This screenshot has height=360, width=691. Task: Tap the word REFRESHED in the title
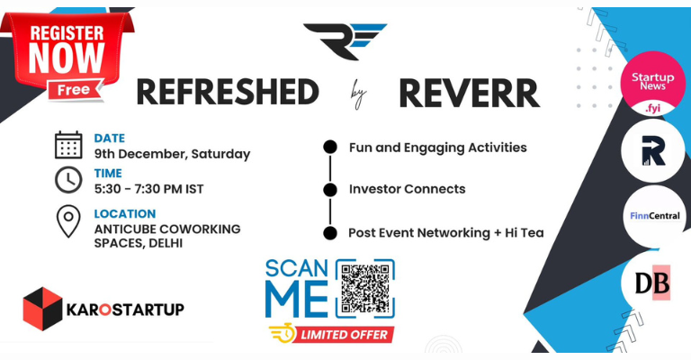[228, 92]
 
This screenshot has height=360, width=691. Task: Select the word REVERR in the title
[468, 92]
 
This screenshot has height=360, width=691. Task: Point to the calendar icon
[68, 145]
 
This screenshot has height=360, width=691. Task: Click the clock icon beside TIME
[68, 181]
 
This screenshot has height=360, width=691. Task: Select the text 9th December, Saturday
[172, 154]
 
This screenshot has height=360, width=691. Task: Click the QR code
[364, 290]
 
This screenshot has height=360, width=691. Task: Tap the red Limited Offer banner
[332, 334]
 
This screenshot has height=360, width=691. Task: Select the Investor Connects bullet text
[407, 189]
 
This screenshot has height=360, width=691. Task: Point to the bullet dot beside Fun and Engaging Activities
[330, 147]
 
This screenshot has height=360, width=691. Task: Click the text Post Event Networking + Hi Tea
[445, 232]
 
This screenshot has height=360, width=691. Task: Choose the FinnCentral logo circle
[655, 216]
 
